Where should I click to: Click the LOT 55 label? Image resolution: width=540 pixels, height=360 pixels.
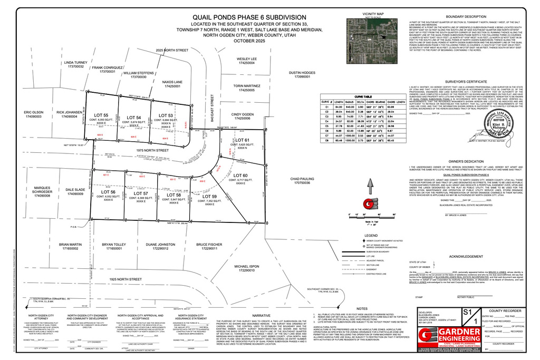click(x=101, y=114)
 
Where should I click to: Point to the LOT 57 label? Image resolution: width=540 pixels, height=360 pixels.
click(x=141, y=193)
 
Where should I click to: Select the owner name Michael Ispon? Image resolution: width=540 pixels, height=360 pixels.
click(x=244, y=267)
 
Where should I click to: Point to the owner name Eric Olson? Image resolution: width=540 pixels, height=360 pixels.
click(x=33, y=112)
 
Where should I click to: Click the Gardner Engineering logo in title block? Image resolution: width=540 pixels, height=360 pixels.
click(x=452, y=338)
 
